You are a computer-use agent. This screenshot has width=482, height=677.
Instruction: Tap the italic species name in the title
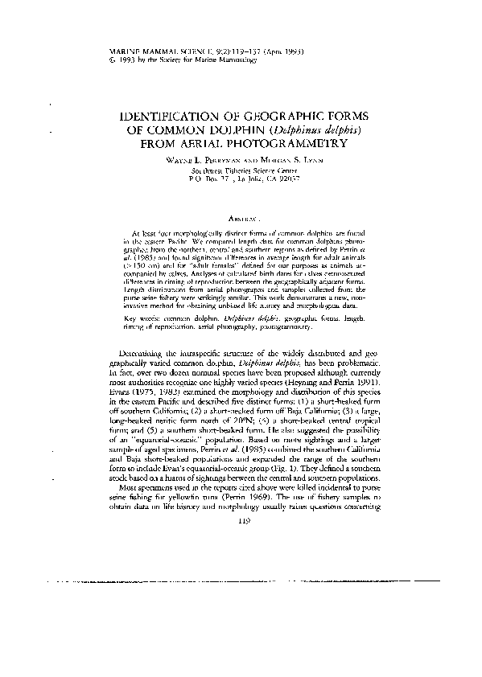(322, 129)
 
